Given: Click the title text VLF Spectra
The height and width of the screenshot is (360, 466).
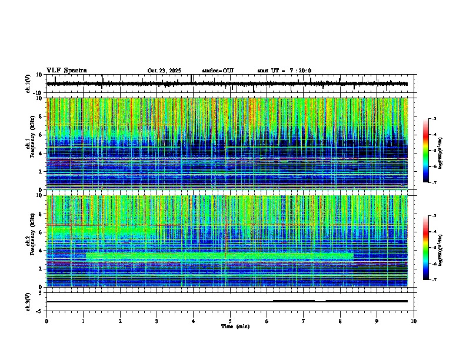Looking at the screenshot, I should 66,71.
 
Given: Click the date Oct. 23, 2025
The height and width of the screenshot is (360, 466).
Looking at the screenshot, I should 164,71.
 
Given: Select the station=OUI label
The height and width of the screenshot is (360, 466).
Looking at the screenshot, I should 218,71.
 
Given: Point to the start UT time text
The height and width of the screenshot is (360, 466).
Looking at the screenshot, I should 284,71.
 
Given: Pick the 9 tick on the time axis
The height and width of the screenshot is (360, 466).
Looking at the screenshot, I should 377,321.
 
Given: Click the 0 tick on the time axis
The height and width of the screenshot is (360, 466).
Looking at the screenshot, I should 46,321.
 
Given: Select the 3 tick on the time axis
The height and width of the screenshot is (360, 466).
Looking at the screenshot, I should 157,321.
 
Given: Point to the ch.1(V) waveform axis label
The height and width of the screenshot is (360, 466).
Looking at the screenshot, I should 29,84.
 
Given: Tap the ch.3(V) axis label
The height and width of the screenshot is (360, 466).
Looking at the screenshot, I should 29,301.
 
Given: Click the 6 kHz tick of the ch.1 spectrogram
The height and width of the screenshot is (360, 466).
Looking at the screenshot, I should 41,135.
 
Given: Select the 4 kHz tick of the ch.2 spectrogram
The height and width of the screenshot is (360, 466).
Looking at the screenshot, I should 41,250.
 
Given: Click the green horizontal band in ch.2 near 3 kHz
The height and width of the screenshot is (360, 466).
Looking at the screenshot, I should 218,256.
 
